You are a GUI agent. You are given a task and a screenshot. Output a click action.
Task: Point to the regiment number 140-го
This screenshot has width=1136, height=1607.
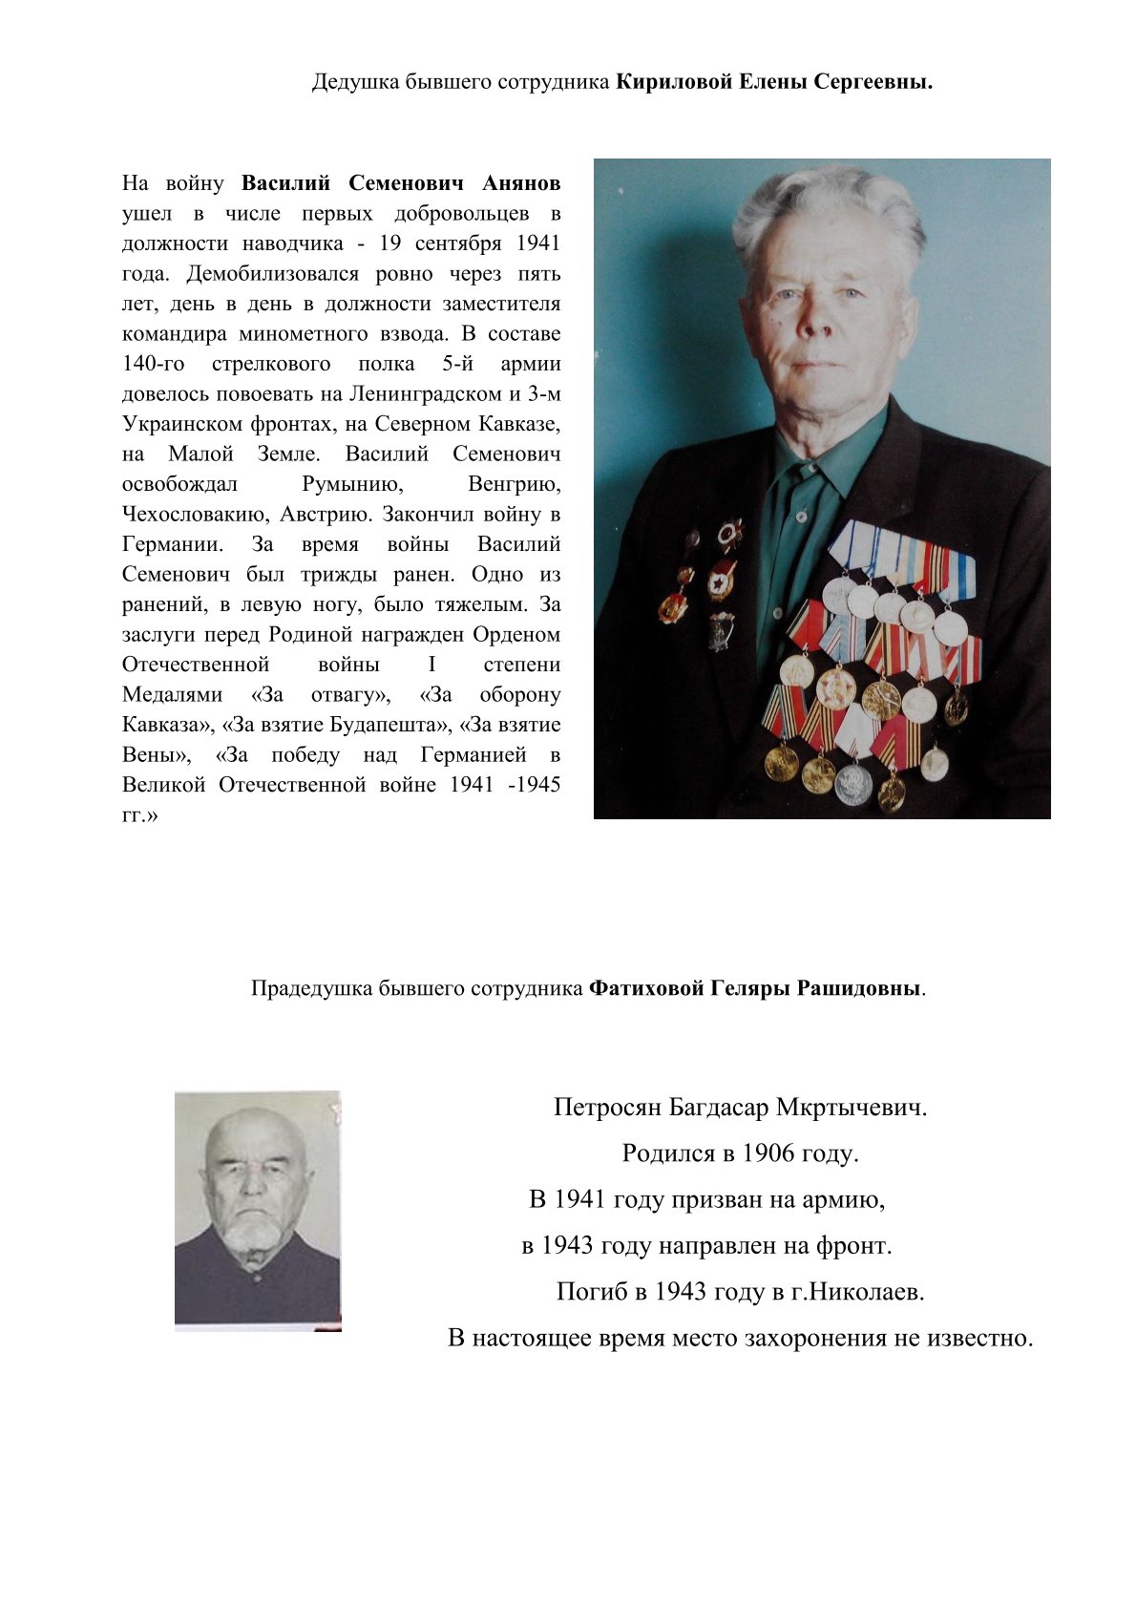(154, 364)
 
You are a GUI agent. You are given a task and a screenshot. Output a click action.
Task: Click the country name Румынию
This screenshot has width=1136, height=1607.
(352, 484)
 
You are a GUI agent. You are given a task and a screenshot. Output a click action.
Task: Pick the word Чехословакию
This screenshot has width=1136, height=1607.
(197, 514)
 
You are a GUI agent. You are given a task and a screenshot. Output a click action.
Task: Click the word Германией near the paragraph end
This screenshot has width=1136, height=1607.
(473, 755)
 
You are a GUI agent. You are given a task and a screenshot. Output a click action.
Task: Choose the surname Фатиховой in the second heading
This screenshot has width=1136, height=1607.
(647, 988)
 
